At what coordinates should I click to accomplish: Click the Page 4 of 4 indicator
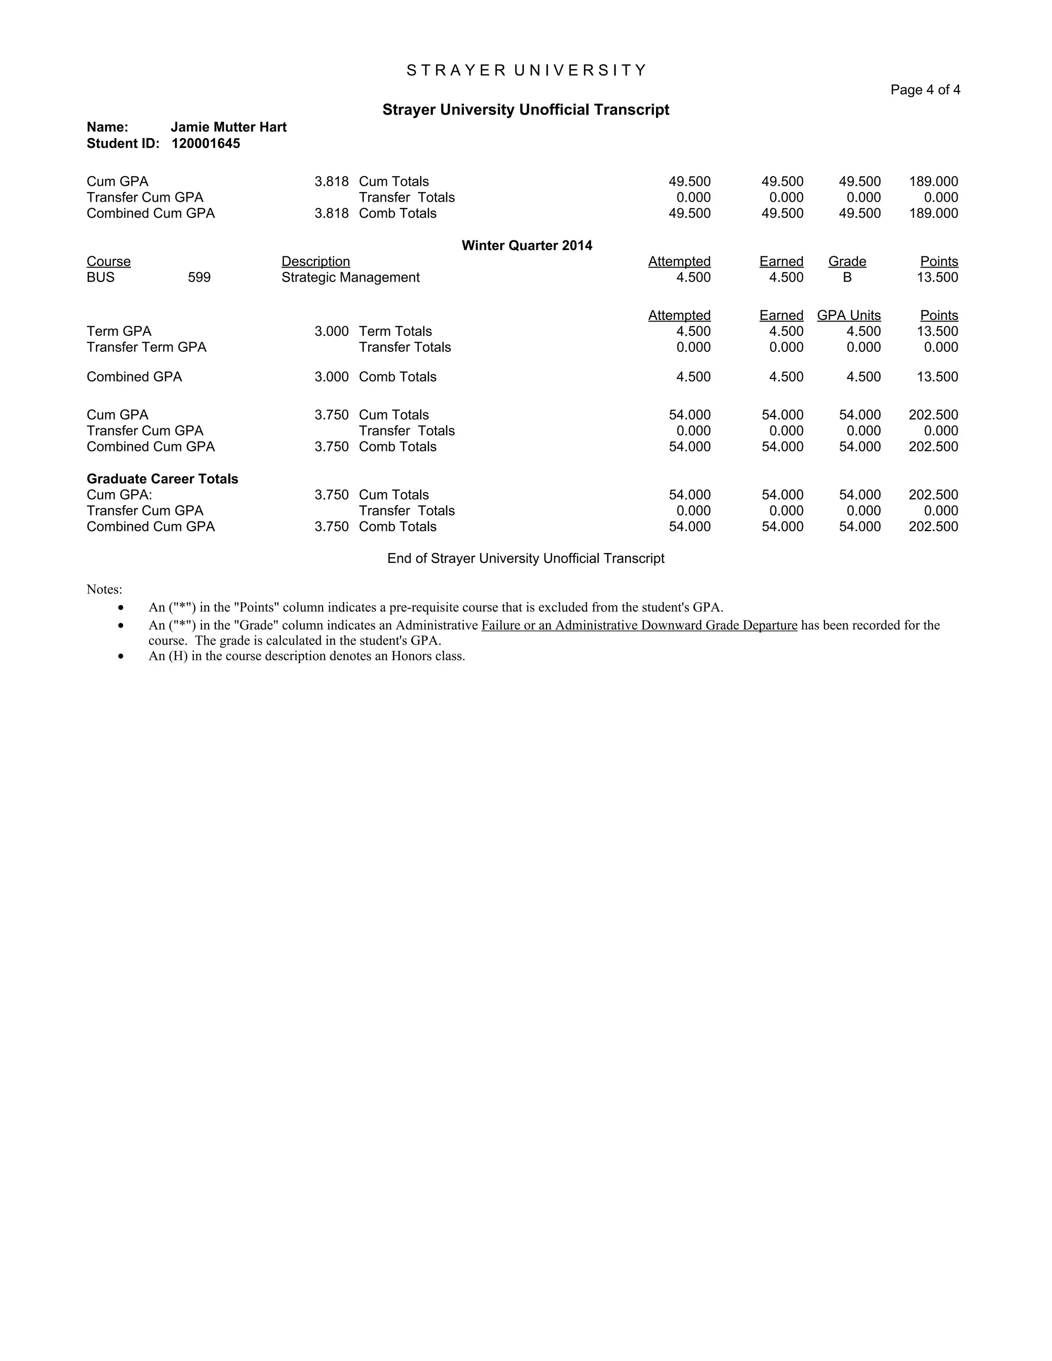[925, 90]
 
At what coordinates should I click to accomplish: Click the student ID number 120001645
[205, 144]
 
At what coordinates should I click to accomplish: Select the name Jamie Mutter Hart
[228, 127]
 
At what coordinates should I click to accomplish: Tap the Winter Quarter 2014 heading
[527, 245]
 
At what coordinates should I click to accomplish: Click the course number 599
[199, 277]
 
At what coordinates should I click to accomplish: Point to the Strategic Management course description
[350, 277]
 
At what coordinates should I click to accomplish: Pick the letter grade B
[847, 277]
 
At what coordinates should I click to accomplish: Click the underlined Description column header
[315, 262]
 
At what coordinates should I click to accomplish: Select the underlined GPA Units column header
[849, 315]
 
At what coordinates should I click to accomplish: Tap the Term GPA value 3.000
[331, 332]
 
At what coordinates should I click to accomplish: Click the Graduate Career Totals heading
[162, 479]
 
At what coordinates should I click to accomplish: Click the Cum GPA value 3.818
[331, 181]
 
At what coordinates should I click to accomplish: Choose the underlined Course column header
[108, 262]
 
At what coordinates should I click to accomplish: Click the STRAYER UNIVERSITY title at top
[527, 70]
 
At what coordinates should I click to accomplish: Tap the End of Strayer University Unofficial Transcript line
[525, 558]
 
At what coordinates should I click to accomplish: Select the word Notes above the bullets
[104, 590]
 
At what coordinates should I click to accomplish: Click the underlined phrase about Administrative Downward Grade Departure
[639, 625]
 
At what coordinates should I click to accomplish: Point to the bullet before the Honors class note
[121, 656]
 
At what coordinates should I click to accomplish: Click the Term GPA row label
[119, 332]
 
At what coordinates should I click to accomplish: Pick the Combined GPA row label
[134, 377]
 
